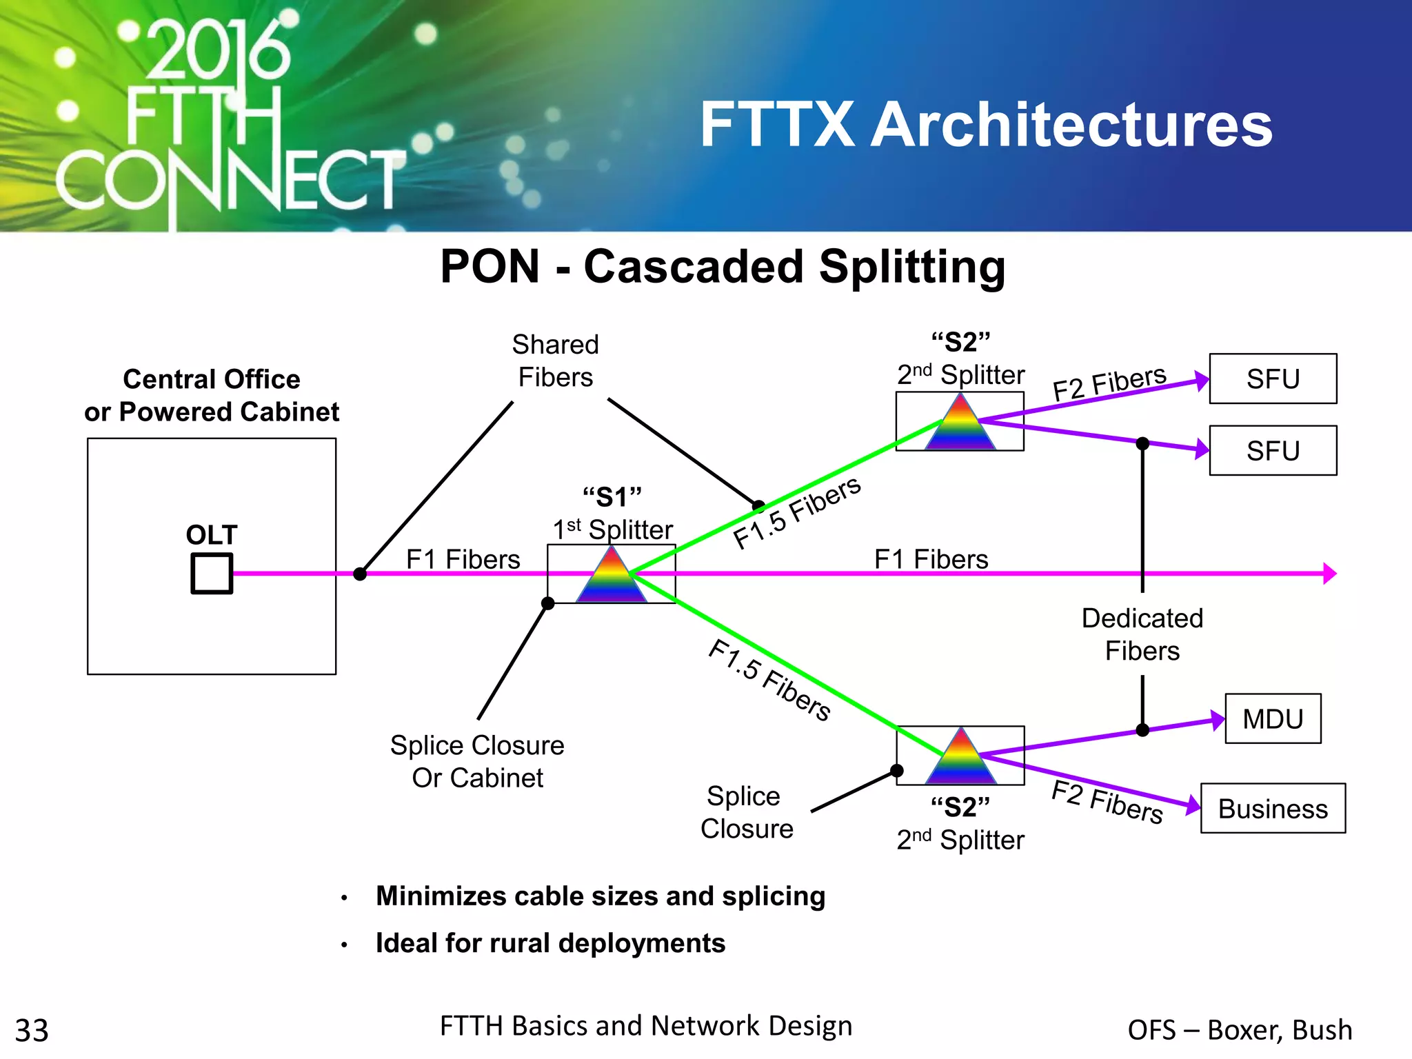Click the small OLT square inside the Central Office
(212, 573)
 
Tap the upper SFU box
(1273, 379)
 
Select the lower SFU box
(1273, 450)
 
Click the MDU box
(1273, 718)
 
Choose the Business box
(1273, 808)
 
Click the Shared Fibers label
(556, 361)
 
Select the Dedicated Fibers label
(1142, 634)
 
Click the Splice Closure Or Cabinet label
(477, 761)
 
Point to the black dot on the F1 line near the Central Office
(360, 574)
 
